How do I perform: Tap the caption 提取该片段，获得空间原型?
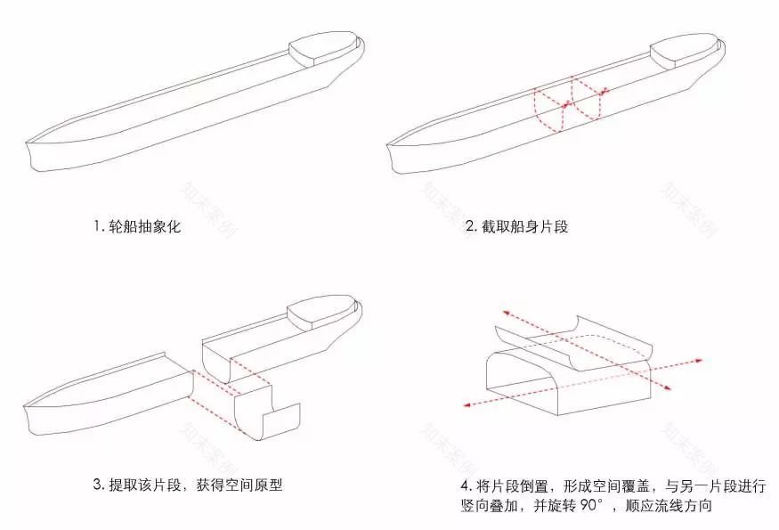click(x=195, y=485)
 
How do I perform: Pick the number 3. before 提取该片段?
click(x=99, y=485)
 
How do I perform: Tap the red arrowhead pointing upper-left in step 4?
click(x=503, y=312)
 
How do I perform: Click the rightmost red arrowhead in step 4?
click(x=699, y=361)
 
